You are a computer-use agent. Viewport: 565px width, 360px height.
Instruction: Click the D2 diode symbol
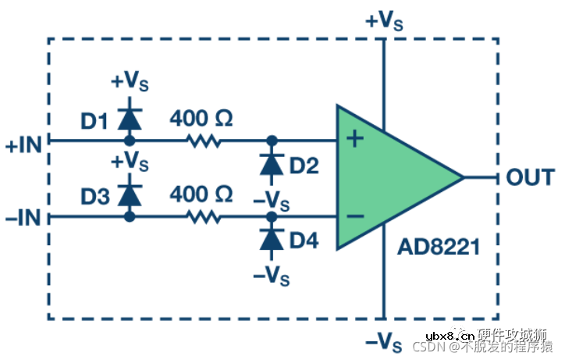coord(271,164)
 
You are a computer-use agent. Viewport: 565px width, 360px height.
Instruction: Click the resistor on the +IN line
coord(204,141)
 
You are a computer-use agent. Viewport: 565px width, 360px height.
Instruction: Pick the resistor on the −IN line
coord(204,217)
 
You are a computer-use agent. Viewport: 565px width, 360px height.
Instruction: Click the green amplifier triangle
coord(390,177)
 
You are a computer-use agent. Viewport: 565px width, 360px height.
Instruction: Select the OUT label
coord(530,177)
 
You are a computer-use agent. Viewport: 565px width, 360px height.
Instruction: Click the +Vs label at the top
coord(383,21)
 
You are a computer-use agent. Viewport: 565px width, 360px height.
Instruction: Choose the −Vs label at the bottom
coord(383,341)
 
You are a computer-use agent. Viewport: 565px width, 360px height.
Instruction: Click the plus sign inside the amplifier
coord(355,140)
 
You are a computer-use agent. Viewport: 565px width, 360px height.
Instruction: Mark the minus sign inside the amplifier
coord(355,216)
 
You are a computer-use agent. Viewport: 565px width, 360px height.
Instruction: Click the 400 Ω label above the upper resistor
coord(201,119)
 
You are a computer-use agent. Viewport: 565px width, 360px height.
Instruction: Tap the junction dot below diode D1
coord(130,141)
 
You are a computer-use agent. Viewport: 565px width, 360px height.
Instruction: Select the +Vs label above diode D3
coord(130,162)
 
